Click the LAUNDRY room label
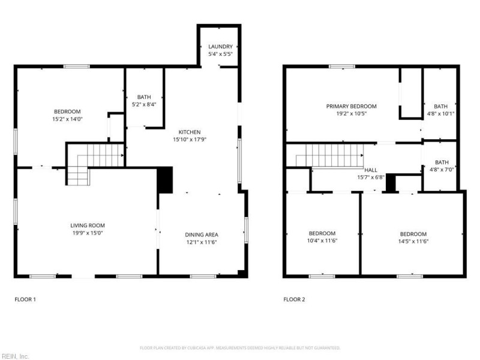point(220,47)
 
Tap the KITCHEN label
point(190,132)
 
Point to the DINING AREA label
point(201,235)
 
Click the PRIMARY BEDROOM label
point(351,106)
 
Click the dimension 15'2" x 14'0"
point(67,119)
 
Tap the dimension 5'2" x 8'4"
point(144,104)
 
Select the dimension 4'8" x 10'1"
point(441,113)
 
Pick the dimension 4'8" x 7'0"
point(441,169)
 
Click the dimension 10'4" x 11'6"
point(322,241)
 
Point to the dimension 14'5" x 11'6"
point(413,241)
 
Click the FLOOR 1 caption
point(25,299)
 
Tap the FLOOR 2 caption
point(294,299)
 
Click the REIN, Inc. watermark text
point(15,356)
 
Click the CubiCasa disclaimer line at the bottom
point(240,348)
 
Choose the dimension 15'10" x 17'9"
point(190,139)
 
